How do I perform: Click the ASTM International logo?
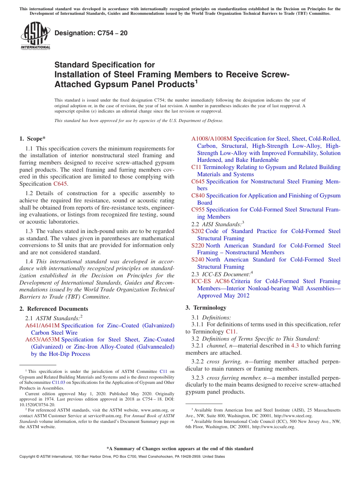tap(35, 36)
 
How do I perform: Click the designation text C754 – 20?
tap(91, 33)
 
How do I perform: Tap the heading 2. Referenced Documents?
tap(54, 309)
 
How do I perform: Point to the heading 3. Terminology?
tap(206, 308)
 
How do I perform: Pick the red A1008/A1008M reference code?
tap(211, 139)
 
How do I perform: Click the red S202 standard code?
tap(198, 231)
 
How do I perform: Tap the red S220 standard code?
tap(198, 246)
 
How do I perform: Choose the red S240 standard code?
tap(198, 260)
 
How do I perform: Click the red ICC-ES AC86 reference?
tap(210, 281)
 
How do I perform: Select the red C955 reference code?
tap(198, 210)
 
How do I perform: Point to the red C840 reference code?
tap(198, 196)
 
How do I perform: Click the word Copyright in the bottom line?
tap(28, 457)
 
